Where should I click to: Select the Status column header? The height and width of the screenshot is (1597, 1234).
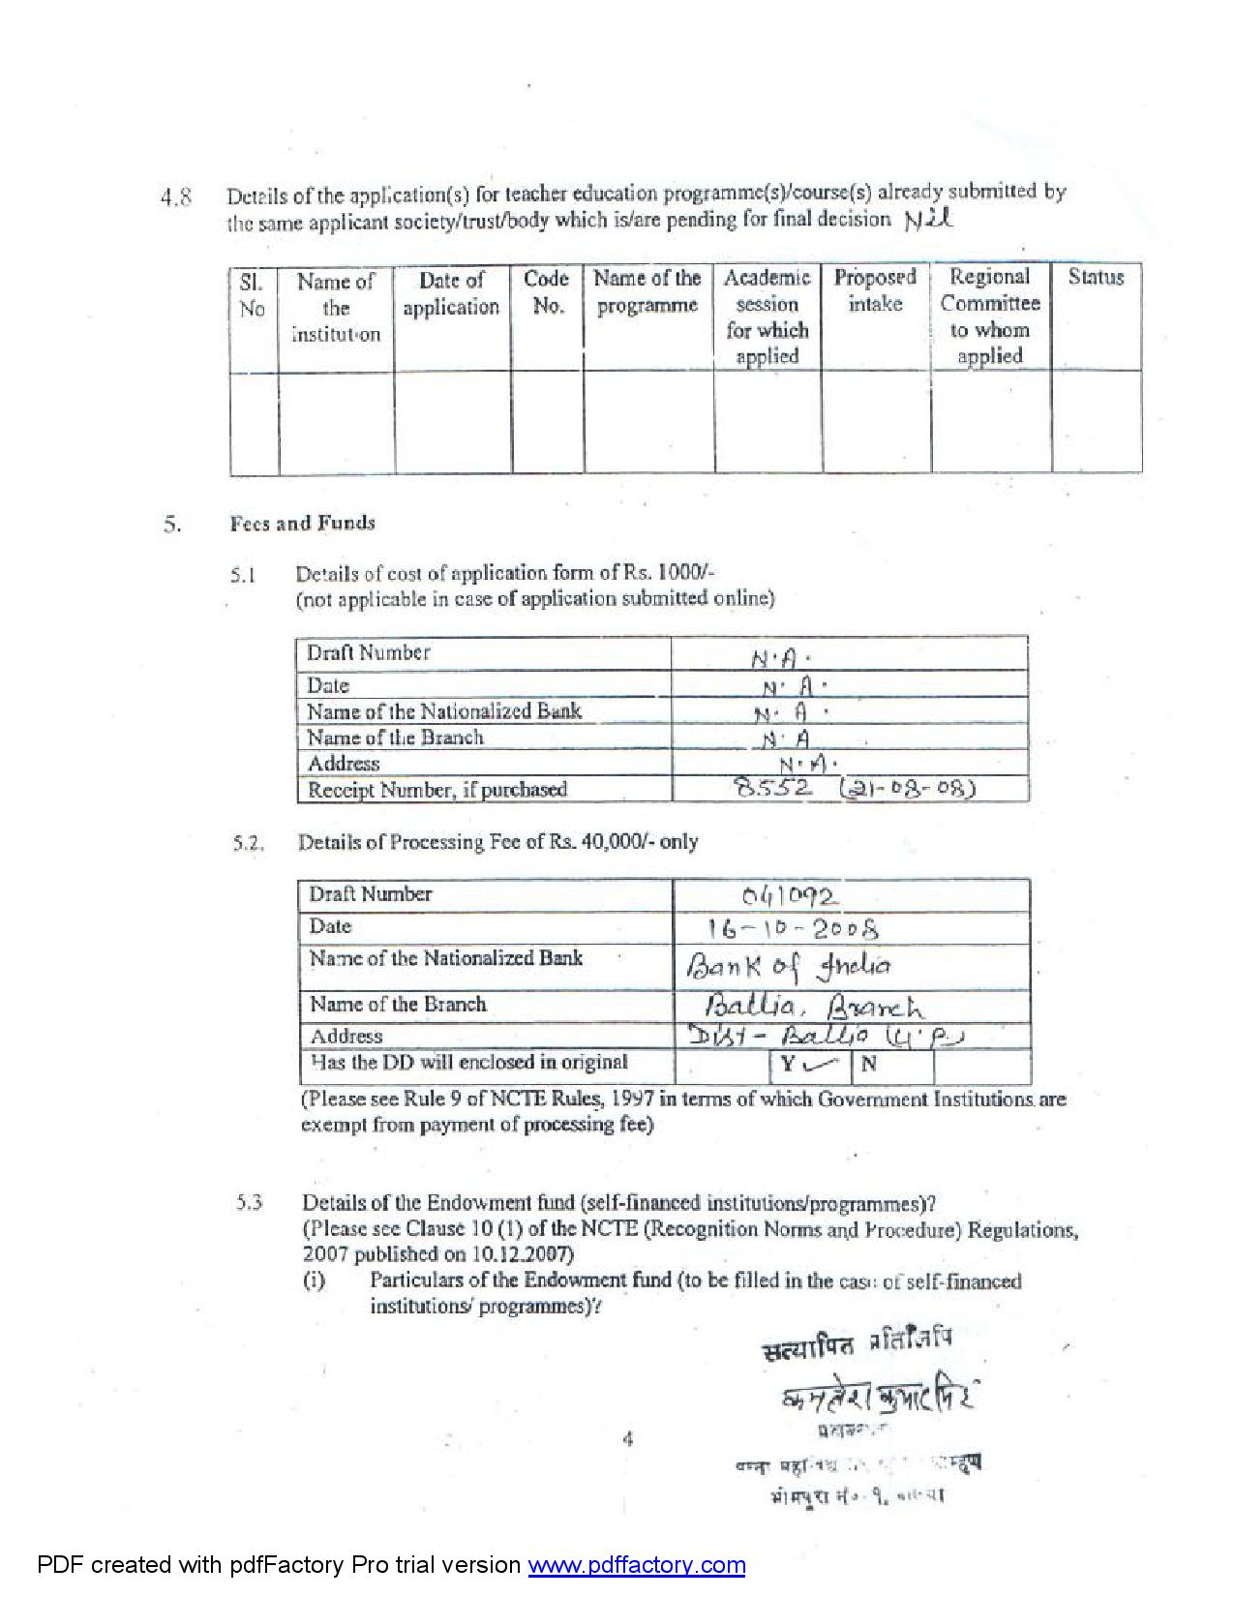(x=1096, y=278)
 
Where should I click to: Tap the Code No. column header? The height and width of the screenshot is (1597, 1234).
(x=546, y=292)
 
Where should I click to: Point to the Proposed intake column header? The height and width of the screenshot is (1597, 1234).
(x=875, y=290)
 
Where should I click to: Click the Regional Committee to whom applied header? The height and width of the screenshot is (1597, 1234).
(x=989, y=316)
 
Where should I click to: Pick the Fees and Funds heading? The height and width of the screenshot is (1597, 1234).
(x=302, y=524)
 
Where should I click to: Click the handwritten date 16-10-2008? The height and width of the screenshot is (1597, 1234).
(x=793, y=929)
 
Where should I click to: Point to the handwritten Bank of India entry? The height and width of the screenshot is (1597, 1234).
(x=788, y=965)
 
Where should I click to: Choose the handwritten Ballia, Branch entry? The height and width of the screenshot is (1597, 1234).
(x=814, y=1007)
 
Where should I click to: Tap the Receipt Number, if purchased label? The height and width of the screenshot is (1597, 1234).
(x=436, y=790)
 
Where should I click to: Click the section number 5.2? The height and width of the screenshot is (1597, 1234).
(x=249, y=843)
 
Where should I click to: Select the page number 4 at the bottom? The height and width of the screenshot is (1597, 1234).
(x=628, y=1439)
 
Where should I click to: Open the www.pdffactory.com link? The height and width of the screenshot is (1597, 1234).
(x=636, y=1565)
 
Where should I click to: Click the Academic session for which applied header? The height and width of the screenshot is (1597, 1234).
(x=767, y=316)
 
